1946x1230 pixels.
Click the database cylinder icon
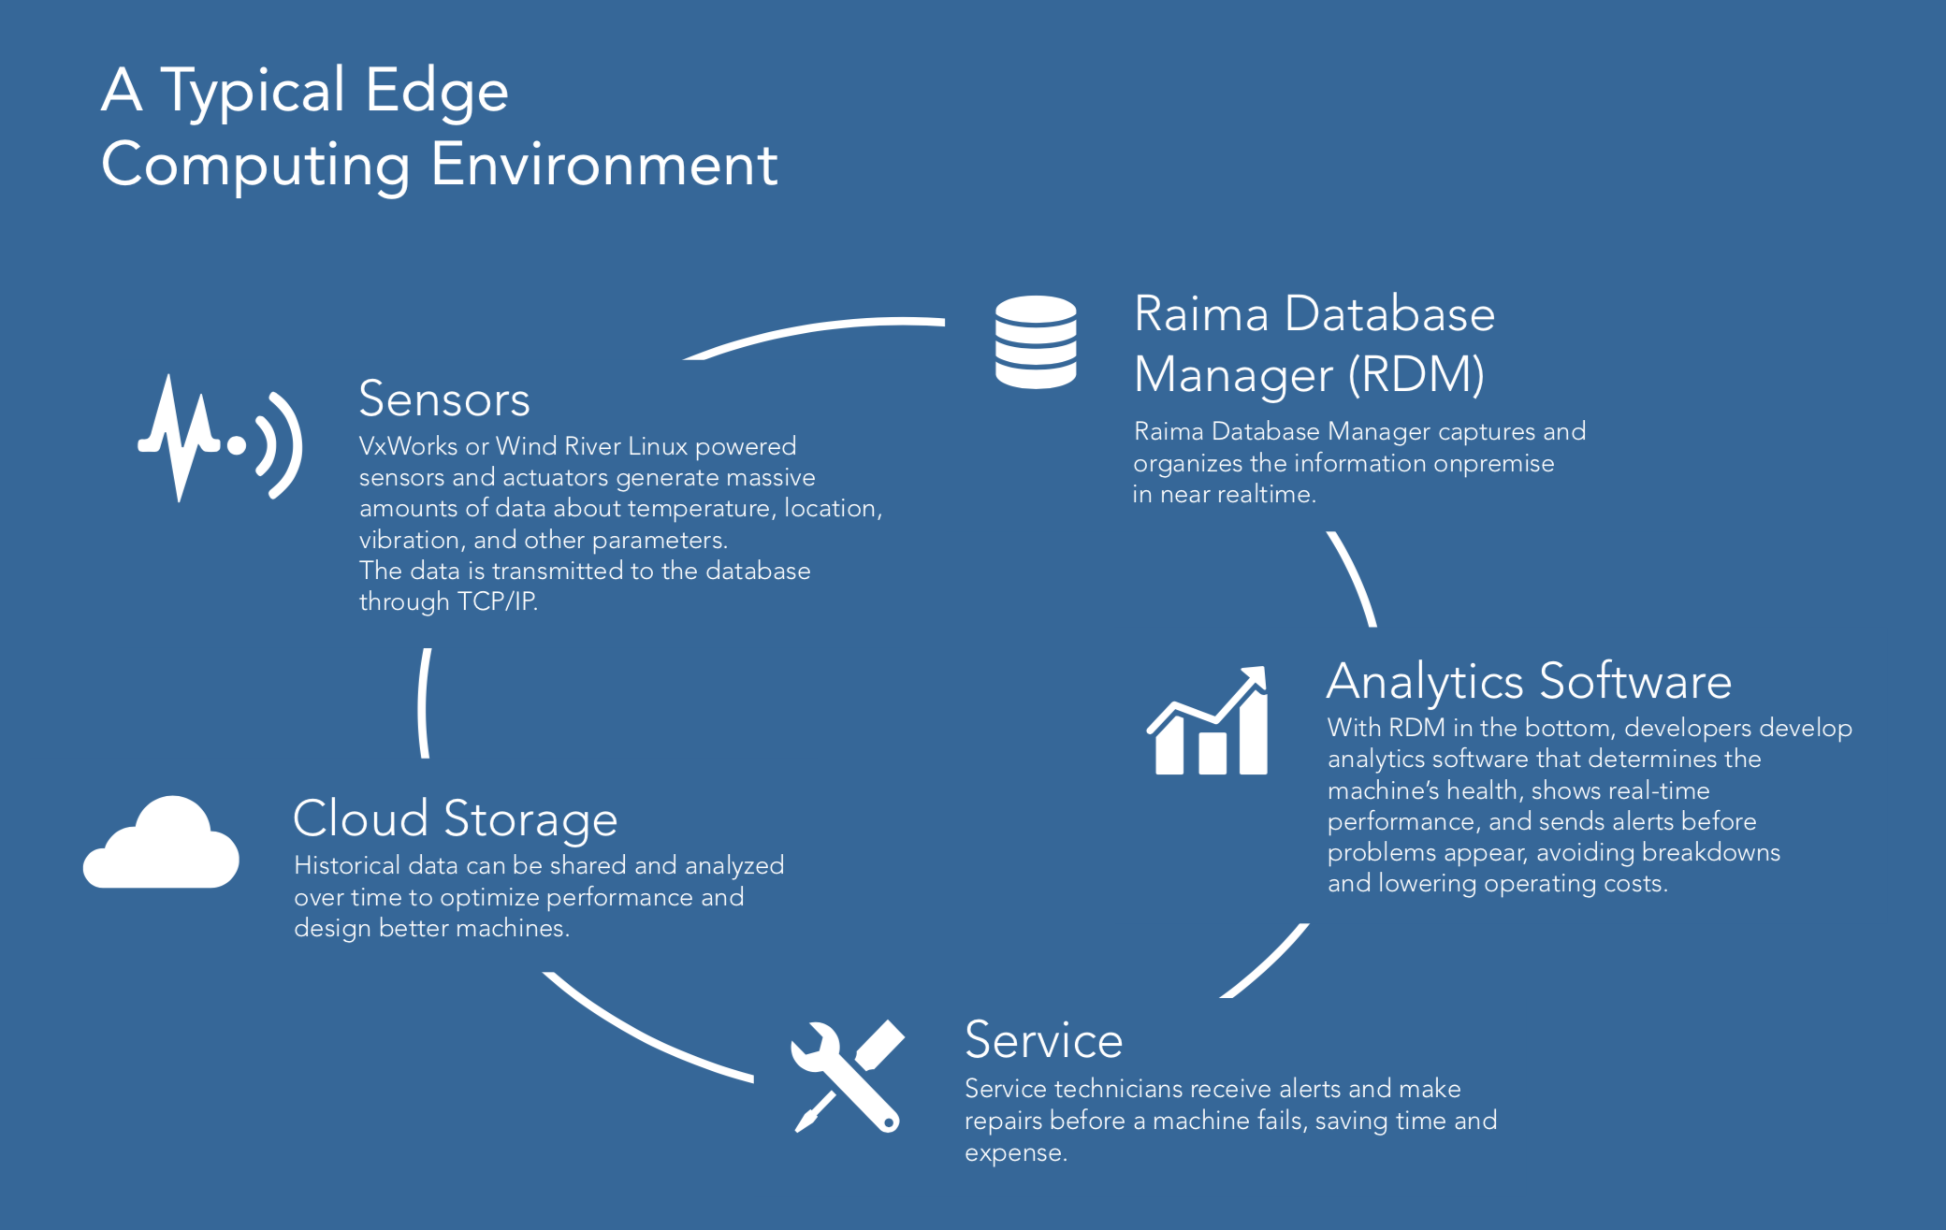coord(1036,341)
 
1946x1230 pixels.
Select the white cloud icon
coord(161,842)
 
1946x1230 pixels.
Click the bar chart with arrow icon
coord(1208,720)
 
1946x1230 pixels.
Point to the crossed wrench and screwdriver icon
coord(848,1076)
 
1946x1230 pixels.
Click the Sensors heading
coord(444,399)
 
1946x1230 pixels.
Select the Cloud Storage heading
coord(456,819)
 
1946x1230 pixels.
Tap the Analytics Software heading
coord(1529,681)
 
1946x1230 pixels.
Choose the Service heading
coord(1043,1040)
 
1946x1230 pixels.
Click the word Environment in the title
coord(604,165)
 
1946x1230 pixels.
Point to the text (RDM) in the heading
coord(1416,375)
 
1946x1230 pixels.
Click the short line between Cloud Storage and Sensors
coord(424,702)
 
